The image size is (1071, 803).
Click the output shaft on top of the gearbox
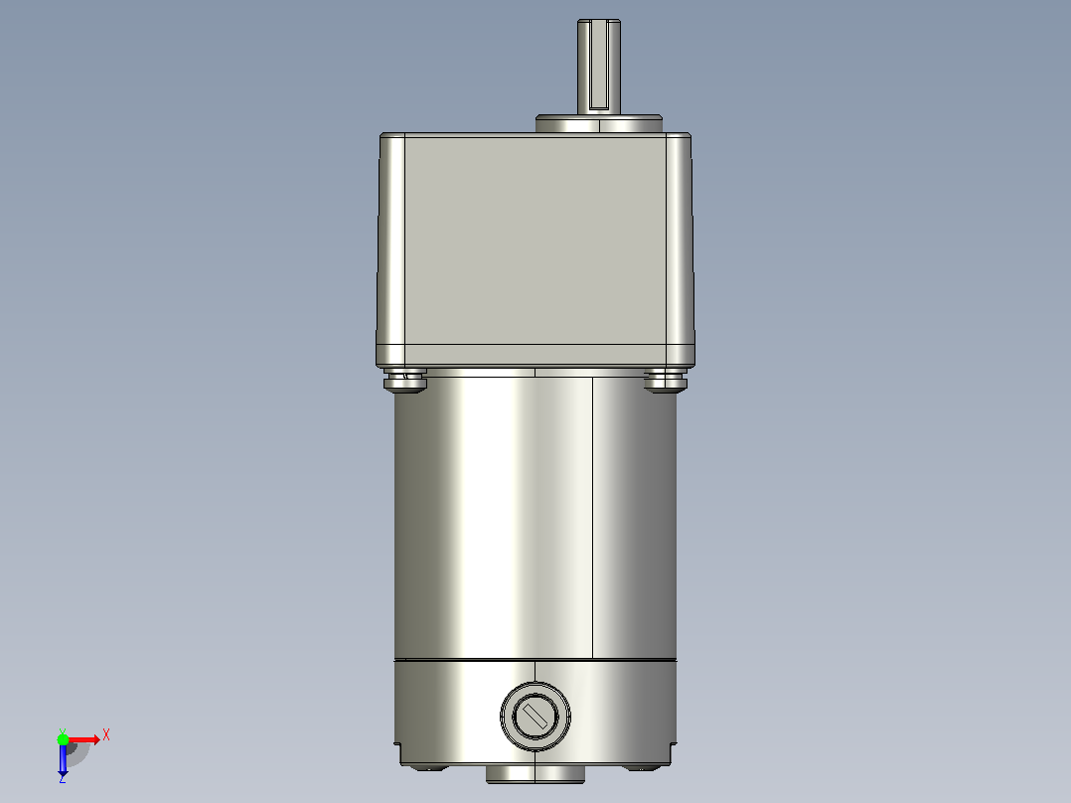click(599, 67)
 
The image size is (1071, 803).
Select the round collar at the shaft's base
click(599, 124)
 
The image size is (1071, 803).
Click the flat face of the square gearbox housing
click(535, 240)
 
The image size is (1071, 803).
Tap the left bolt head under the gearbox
click(405, 381)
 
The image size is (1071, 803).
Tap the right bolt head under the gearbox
click(666, 381)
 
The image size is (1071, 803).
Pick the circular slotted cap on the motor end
click(535, 717)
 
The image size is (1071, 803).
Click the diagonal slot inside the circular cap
click(535, 717)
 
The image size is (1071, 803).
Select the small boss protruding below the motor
click(535, 773)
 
